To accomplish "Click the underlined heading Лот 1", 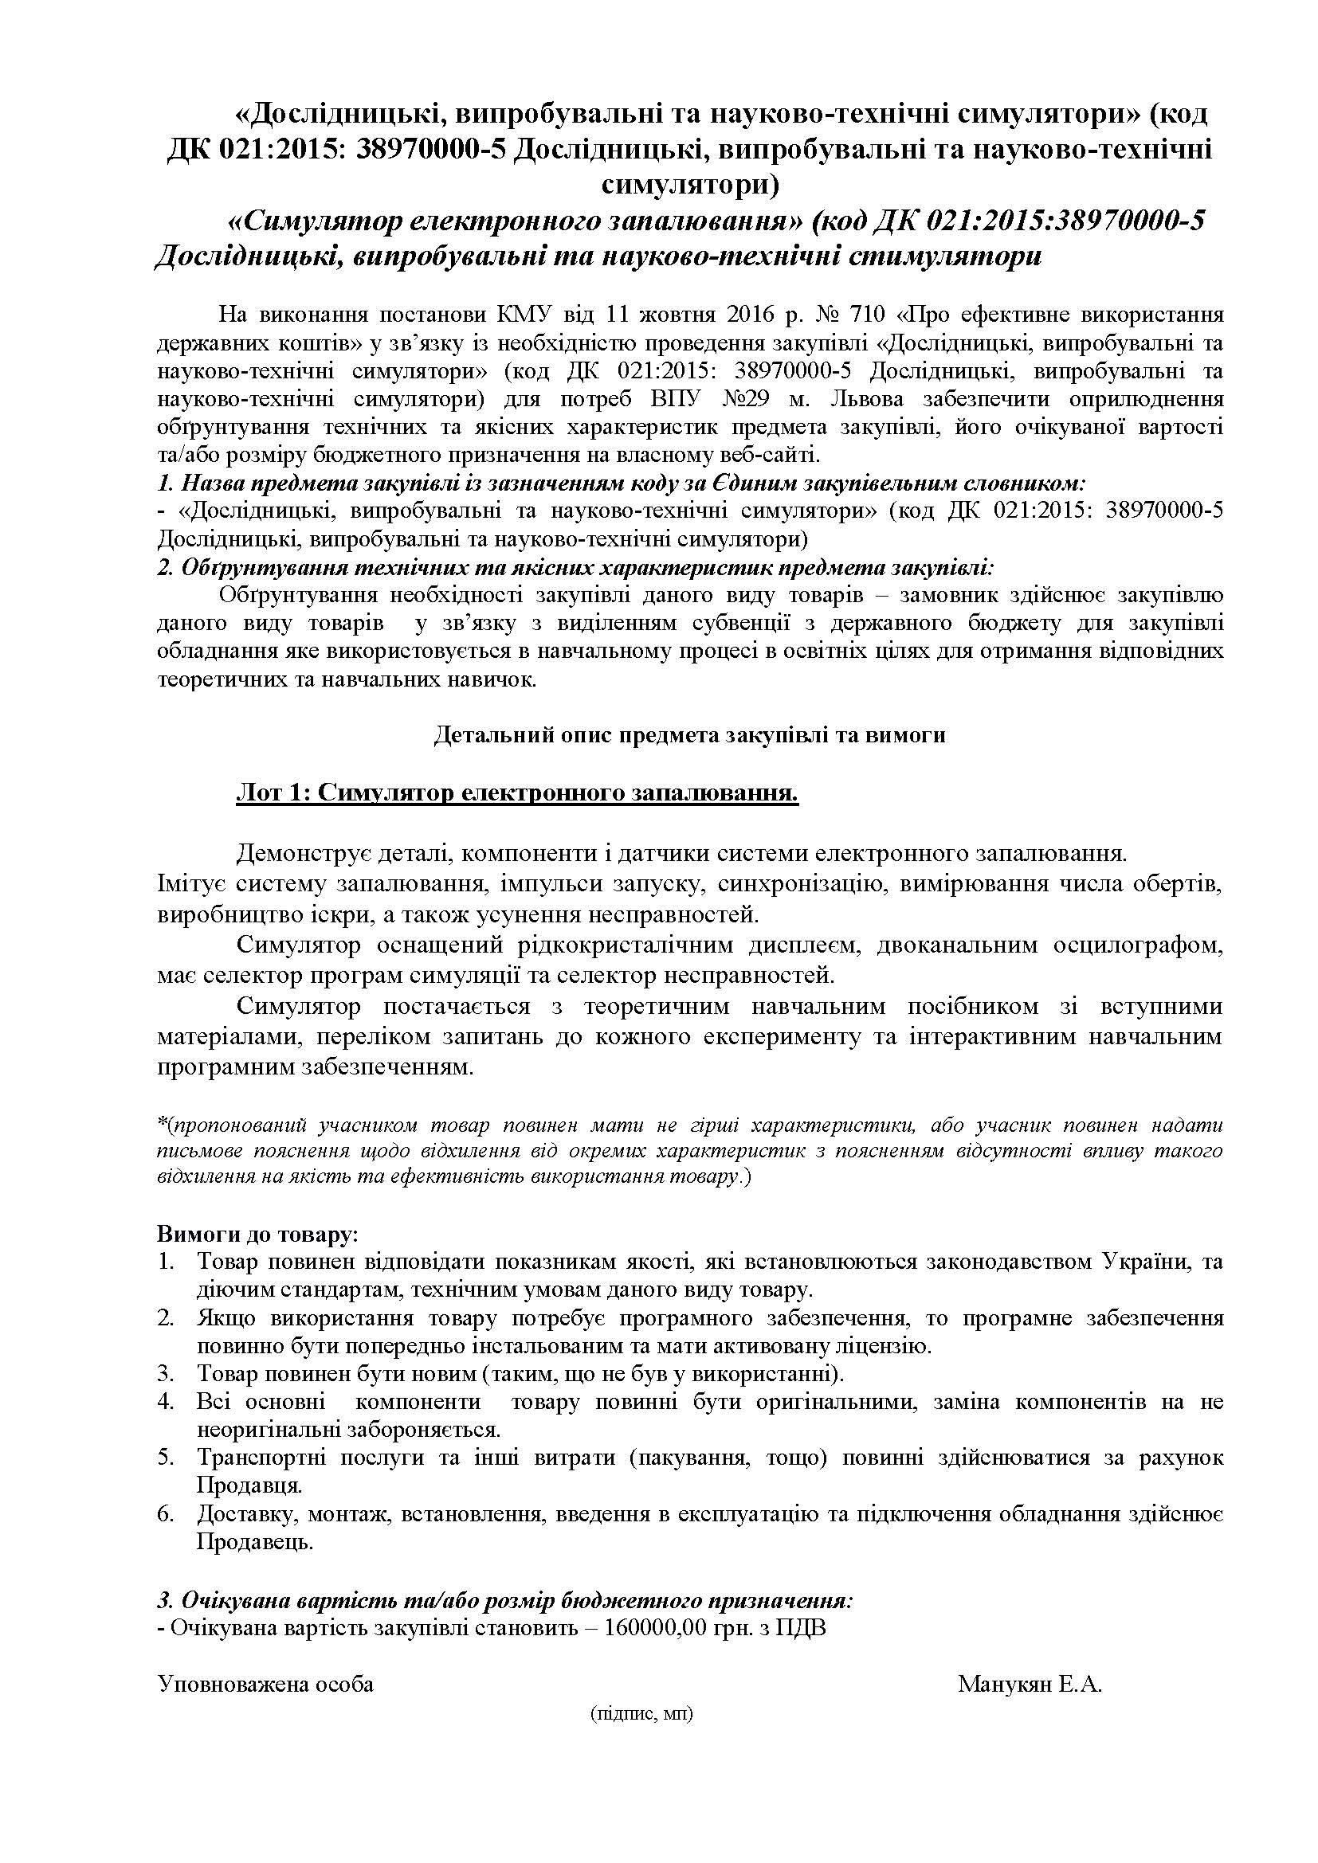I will click(x=516, y=793).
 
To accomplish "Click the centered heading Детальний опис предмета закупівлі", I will click(x=689, y=734).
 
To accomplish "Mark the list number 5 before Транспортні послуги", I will click(x=166, y=1458).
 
